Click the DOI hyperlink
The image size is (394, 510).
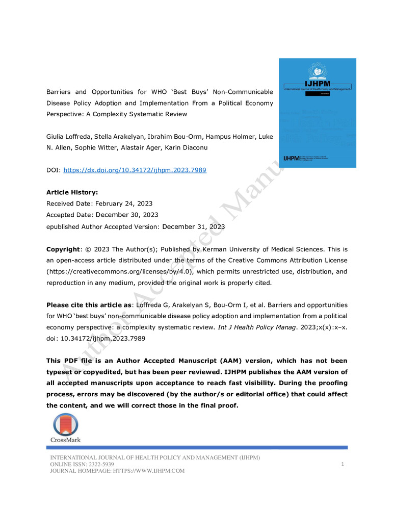[x=135, y=170]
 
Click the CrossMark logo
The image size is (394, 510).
[x=65, y=427]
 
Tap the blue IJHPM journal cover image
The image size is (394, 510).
[x=317, y=113]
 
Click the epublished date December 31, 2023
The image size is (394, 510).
[x=193, y=226]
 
